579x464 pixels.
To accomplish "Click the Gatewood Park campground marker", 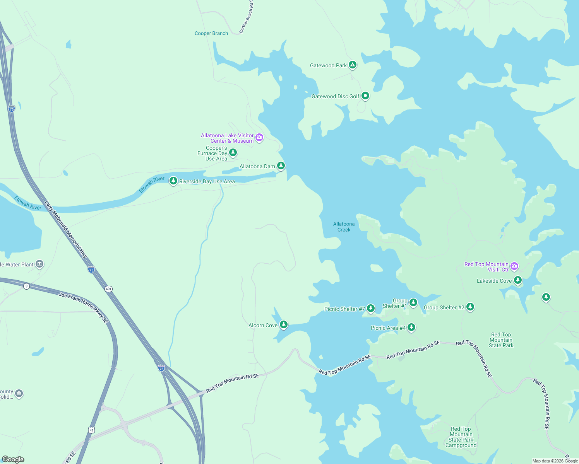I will pyautogui.click(x=352, y=65).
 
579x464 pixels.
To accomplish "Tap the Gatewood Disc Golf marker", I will pyautogui.click(x=365, y=96).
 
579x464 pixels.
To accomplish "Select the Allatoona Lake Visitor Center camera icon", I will pyautogui.click(x=259, y=138).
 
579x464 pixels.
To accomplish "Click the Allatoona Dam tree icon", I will pyautogui.click(x=281, y=166).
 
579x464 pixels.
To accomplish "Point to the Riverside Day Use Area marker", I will pyautogui.click(x=173, y=181).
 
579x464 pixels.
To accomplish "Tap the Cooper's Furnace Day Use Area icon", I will pyautogui.click(x=233, y=153).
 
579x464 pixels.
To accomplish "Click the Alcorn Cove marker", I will pyautogui.click(x=284, y=324).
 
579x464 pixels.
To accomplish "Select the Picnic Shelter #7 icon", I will pyautogui.click(x=371, y=308).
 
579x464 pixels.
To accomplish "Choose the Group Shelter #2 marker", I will pyautogui.click(x=470, y=307).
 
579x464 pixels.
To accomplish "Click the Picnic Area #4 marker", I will pyautogui.click(x=411, y=328).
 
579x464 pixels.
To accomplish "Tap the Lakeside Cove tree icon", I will pyautogui.click(x=517, y=280).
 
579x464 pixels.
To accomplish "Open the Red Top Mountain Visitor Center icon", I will pyautogui.click(x=514, y=266).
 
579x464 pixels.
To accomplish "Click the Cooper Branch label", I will pyautogui.click(x=211, y=34).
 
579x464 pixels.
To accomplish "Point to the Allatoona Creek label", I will pyautogui.click(x=344, y=227).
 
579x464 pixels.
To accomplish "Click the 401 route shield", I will pyautogui.click(x=108, y=289).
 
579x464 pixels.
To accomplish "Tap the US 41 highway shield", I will pyautogui.click(x=91, y=430).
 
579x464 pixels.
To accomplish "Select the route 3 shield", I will pyautogui.click(x=26, y=286).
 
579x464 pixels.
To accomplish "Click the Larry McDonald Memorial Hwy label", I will pyautogui.click(x=66, y=229).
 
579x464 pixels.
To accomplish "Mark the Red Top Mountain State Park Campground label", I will pyautogui.click(x=461, y=437).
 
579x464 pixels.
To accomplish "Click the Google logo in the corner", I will pyautogui.click(x=13, y=459).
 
